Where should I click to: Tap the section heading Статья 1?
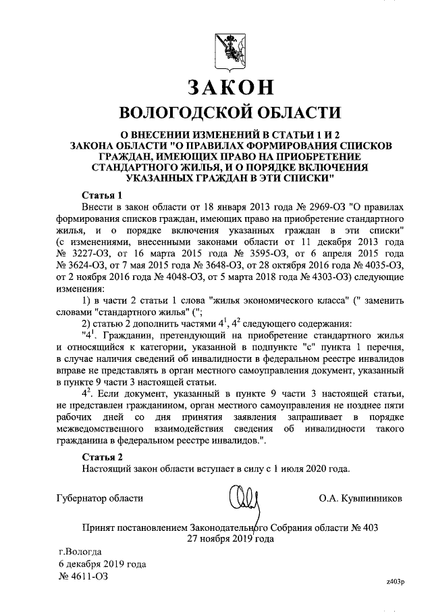(101, 195)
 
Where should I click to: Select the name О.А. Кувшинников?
(362, 498)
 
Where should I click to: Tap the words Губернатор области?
(99, 498)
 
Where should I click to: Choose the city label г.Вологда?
(80, 551)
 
